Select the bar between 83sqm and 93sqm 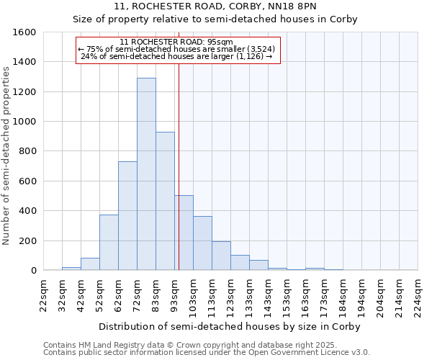point(165,201)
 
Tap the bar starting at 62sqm point(127,216)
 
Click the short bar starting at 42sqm point(90,264)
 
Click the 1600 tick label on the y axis point(24,32)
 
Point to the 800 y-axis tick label point(27,151)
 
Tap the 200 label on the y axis point(27,240)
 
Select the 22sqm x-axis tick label point(44,295)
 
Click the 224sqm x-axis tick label point(418,295)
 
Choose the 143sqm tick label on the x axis point(268,295)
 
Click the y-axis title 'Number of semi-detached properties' point(7,154)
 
